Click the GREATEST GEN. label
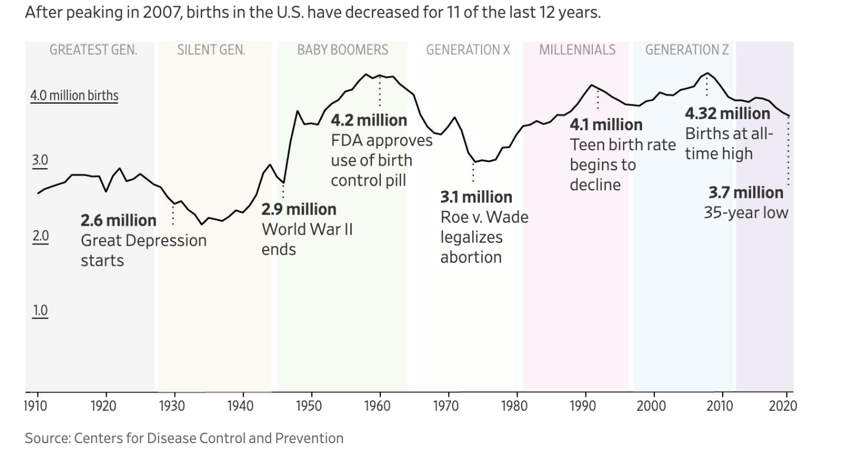coord(93,50)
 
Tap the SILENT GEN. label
coord(211,50)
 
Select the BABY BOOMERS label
coord(343,50)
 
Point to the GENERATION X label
coord(468,50)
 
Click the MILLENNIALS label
coord(577,50)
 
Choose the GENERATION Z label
coord(687,50)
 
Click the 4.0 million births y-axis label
coord(74,95)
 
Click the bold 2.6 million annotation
coord(118,221)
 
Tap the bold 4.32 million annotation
coord(727,113)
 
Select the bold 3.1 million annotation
coord(476,197)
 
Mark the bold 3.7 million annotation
coord(746,193)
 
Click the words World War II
coord(307,229)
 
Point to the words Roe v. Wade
coord(484,217)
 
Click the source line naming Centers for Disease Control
coord(184,438)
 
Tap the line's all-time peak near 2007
coord(707,73)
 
